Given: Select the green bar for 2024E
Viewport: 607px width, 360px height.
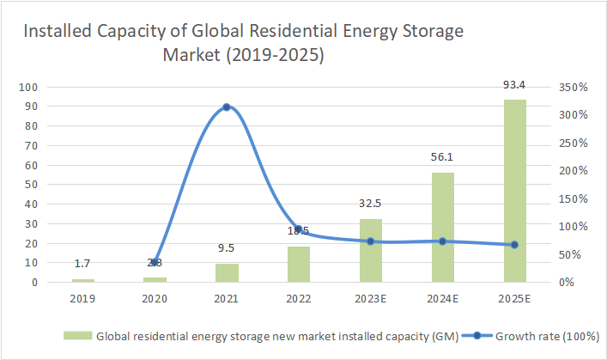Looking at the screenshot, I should point(442,227).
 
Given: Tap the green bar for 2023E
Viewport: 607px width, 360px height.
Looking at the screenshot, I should point(371,250).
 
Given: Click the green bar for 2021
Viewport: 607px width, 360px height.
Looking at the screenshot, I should point(227,272).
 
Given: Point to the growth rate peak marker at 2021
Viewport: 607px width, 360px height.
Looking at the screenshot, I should point(227,107).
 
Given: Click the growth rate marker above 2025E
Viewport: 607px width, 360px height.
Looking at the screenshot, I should point(514,245).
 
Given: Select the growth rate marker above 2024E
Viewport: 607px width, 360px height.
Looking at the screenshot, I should point(442,241).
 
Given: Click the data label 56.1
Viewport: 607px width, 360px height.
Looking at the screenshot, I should point(442,157).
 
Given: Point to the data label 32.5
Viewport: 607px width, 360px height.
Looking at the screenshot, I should point(371,204).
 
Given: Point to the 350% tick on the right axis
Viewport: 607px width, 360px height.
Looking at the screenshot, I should point(573,87).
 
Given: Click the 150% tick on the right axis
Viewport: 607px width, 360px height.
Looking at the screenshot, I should point(573,198).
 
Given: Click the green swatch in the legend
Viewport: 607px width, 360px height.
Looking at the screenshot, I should point(77,336).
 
